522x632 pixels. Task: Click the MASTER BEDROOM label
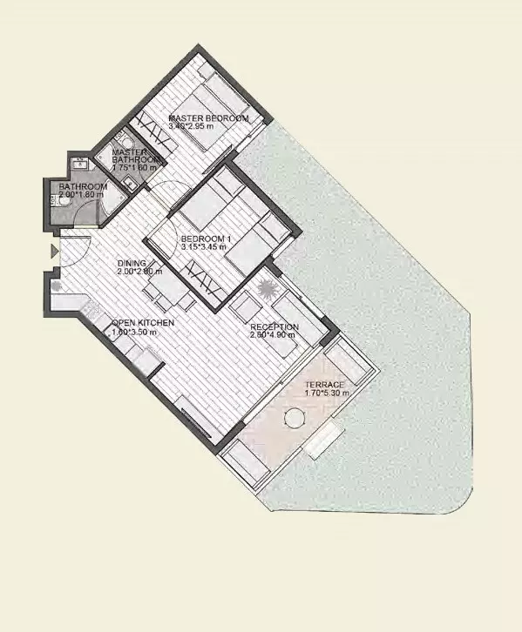[x=208, y=118]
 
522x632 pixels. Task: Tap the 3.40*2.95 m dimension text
[x=191, y=128]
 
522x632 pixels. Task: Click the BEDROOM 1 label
[x=204, y=239]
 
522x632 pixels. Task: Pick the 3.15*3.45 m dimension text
[x=203, y=248]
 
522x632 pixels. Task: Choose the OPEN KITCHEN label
[x=143, y=323]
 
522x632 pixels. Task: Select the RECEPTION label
[x=275, y=327]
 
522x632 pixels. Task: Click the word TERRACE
[x=323, y=385]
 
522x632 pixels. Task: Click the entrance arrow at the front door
[x=54, y=252]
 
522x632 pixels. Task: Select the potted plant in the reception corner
[x=265, y=290]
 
